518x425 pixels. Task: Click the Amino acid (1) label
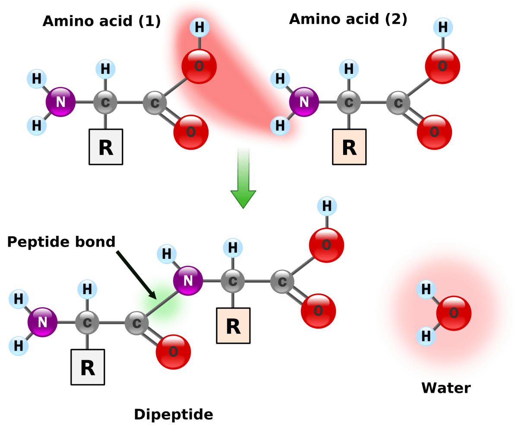101,20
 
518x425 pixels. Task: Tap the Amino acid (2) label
347,19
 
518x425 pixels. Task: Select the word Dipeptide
173,415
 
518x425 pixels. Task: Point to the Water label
445,388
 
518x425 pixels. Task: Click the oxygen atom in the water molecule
453,313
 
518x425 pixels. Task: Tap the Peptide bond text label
61,241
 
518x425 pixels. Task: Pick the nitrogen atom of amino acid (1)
60,102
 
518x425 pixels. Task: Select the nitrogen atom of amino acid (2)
304,102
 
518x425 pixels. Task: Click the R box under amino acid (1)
106,147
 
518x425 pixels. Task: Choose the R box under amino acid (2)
349,147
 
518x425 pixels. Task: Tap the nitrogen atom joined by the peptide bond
188,281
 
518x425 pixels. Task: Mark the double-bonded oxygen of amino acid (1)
191,132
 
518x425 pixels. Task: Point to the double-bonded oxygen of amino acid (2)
434,132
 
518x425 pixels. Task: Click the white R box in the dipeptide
88,367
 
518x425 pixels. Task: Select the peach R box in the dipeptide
233,326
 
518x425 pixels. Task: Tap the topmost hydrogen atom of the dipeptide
327,206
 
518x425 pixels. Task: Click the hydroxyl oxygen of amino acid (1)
199,67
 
